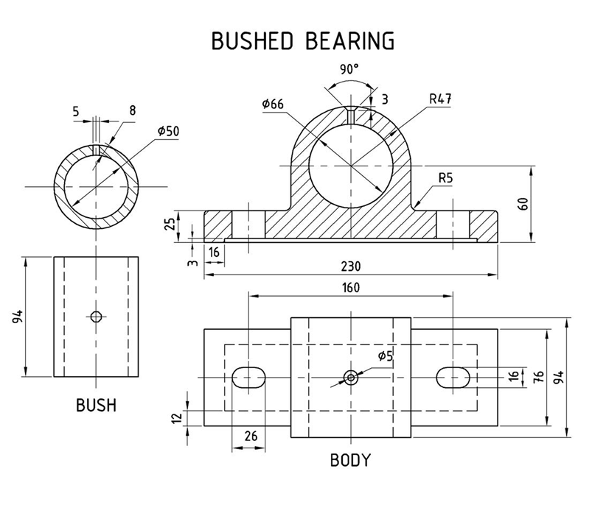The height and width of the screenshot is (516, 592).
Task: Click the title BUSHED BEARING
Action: [302, 40]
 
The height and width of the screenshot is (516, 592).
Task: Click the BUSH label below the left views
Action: [96, 405]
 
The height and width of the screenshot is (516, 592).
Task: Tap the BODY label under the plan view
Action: [350, 462]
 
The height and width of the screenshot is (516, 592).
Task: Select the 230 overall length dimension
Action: [350, 266]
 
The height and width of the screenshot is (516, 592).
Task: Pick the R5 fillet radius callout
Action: [446, 177]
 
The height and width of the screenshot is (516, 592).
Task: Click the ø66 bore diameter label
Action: [273, 104]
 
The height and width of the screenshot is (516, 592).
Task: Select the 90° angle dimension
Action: [349, 68]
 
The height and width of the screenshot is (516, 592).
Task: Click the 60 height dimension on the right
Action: [523, 204]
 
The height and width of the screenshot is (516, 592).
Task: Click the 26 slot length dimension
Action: [251, 436]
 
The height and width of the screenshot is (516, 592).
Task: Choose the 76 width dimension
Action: [538, 377]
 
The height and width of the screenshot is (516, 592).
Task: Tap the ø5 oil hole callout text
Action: [386, 357]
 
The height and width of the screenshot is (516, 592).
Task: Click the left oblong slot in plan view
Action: [249, 377]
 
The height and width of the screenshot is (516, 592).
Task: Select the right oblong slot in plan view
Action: [453, 377]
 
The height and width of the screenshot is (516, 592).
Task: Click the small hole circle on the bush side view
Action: [96, 317]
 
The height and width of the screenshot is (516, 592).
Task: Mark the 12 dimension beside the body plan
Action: [175, 418]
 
